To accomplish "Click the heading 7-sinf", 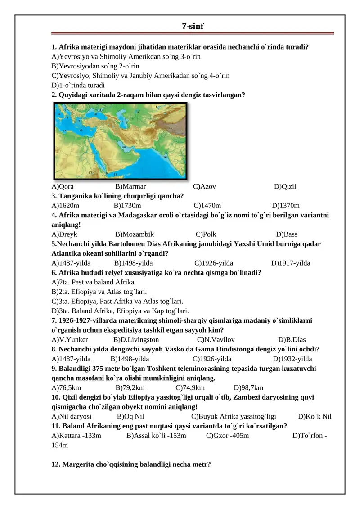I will (193, 27).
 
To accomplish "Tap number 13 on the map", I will (123, 147).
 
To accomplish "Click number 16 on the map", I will (165, 157).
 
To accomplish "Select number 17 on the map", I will (90, 172).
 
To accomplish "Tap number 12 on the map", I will (59, 115).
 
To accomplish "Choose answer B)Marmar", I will (130, 186).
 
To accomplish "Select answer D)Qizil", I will (285, 186).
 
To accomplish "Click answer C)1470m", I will (207, 205).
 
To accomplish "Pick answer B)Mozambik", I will (135, 234).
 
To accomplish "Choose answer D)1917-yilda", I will (291, 263).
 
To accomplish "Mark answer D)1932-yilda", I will (292, 359).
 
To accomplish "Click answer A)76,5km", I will (67, 387).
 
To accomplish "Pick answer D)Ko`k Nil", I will (315, 416).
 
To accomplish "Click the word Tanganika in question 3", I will (75, 196).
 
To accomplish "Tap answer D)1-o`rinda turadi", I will (78, 85).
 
